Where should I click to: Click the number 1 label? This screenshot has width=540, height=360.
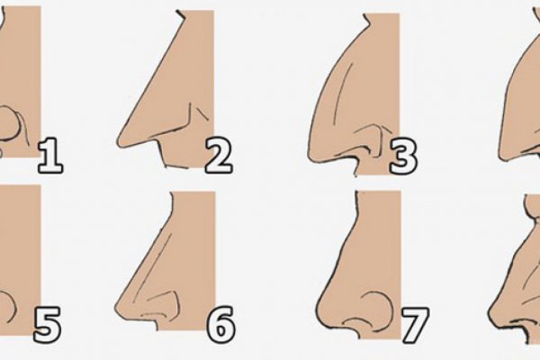click(x=50, y=155)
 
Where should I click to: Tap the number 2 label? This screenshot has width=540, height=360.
click(x=219, y=155)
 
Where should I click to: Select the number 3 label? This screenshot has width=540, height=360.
click(x=403, y=156)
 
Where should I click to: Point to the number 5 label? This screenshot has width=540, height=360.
click(x=48, y=325)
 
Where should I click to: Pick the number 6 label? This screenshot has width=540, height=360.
click(x=220, y=325)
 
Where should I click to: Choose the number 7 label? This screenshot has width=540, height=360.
click(x=415, y=326)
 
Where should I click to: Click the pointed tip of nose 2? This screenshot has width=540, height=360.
click(x=119, y=142)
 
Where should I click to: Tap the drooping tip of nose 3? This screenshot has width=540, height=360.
click(x=310, y=157)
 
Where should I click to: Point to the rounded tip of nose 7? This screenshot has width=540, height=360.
click(x=319, y=311)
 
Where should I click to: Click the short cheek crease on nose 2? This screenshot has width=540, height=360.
click(x=202, y=113)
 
